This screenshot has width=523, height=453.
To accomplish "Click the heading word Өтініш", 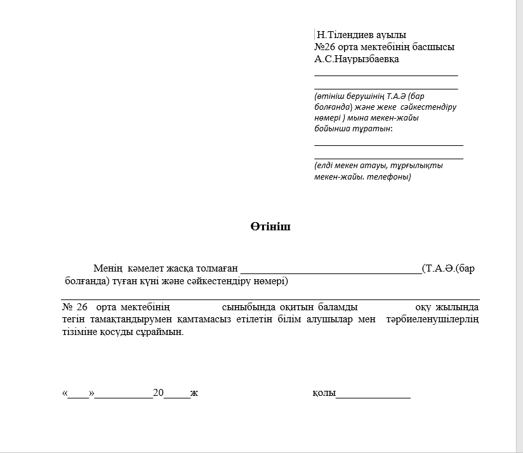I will click(270, 226).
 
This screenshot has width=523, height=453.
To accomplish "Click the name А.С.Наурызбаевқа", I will click(357, 59).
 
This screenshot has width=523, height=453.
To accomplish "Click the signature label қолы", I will click(323, 393).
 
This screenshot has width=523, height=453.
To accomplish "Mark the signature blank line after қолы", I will click(373, 396).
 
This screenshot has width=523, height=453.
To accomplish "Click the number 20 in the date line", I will click(159, 393).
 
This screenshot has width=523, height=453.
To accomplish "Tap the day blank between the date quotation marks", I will click(79, 395).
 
